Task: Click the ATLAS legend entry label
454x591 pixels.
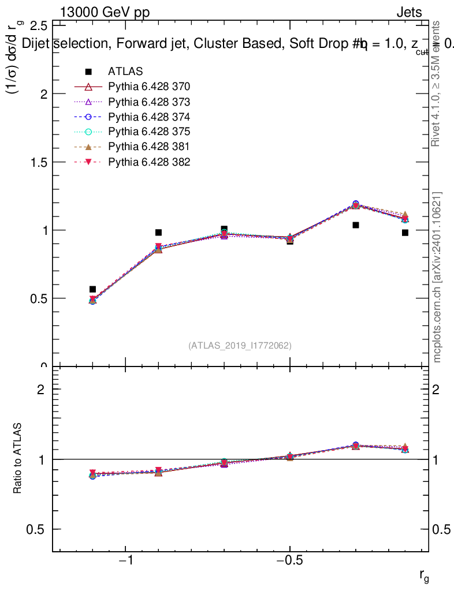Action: point(125,72)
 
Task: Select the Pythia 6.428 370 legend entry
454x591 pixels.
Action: point(149,87)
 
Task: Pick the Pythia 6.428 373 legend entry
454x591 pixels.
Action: point(149,102)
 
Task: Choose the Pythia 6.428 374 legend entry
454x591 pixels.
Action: point(149,117)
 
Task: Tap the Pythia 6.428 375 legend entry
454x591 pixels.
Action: point(149,132)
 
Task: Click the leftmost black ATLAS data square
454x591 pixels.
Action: point(92,289)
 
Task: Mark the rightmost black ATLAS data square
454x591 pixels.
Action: point(405,233)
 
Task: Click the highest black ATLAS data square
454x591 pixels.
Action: point(356,225)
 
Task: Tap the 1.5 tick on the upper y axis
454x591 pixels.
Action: point(38,162)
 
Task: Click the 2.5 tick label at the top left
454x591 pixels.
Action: point(38,26)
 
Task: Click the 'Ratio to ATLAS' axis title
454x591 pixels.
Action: point(18,459)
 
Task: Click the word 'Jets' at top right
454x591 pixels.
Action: point(408,12)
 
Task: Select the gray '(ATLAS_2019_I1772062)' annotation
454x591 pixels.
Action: point(240,346)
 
